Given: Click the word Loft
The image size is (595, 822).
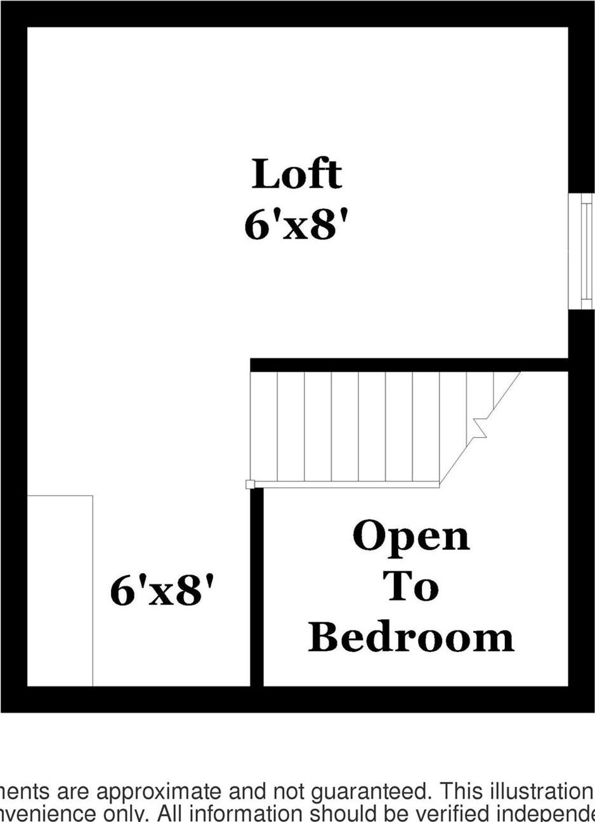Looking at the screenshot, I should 297,174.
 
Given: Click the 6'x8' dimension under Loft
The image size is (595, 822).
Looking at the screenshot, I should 297,225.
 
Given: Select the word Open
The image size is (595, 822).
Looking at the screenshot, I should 411,537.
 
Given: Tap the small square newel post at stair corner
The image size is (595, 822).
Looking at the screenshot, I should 250,485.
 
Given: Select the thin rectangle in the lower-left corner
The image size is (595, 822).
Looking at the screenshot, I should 60,590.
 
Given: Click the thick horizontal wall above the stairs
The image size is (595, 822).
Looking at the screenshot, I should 409,365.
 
